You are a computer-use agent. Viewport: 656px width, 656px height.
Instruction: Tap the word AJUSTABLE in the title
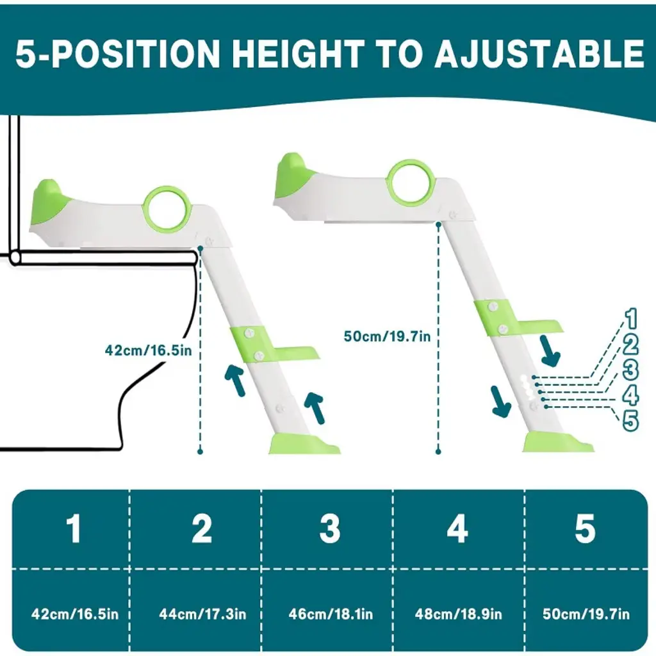pos(539,54)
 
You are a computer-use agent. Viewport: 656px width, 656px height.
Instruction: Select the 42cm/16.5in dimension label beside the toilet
pos(148,350)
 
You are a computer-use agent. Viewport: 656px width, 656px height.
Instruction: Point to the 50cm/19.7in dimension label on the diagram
pos(387,336)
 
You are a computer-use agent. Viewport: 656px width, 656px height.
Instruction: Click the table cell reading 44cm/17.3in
pos(202,614)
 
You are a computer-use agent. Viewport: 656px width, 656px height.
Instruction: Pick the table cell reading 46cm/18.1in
pos(331,614)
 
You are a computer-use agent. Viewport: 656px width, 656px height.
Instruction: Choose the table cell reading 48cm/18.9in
pos(458,614)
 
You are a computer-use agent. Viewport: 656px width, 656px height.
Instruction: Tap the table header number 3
pos(330,529)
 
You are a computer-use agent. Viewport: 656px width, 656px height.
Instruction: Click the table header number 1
pos(74,529)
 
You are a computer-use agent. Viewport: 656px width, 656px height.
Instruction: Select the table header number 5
pos(585,529)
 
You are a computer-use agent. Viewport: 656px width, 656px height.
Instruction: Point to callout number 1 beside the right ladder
pos(631,319)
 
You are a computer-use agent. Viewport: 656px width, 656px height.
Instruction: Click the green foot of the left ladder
pos(304,443)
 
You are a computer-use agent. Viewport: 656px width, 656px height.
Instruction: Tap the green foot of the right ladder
pos(557,442)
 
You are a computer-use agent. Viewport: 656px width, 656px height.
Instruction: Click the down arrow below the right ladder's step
pos(550,351)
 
